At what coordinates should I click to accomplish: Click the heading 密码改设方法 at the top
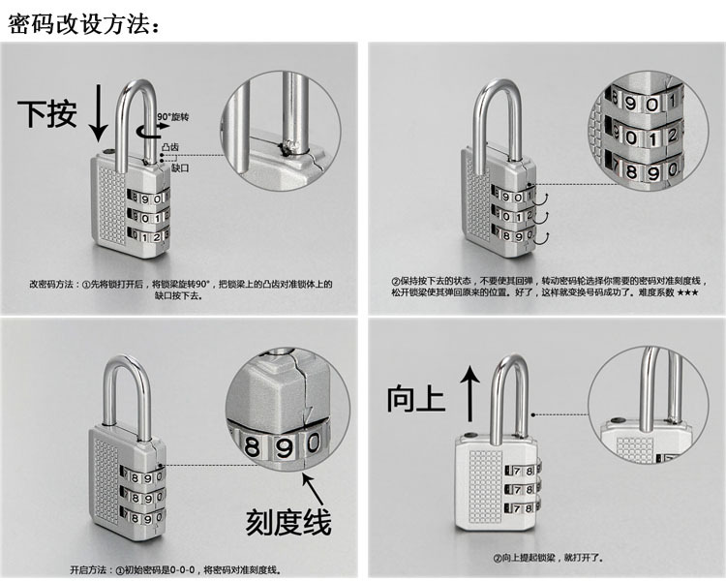pos(82,23)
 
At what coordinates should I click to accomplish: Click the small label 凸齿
pos(170,146)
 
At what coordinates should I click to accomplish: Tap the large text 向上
pos(414,397)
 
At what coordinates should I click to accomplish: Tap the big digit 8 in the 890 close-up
pos(253,447)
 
